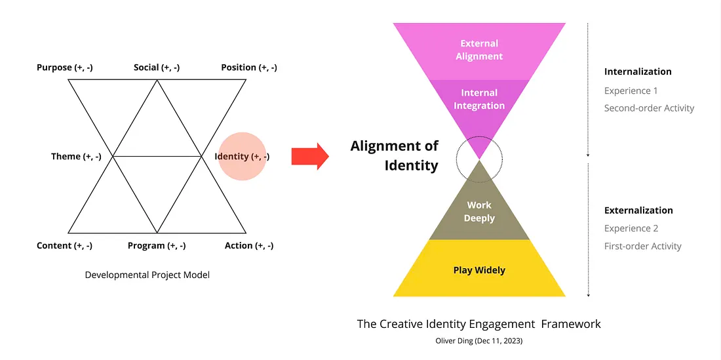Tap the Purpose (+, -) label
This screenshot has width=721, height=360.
coord(64,68)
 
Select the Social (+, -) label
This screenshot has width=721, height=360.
coord(157,68)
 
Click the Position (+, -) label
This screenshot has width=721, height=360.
coord(248,68)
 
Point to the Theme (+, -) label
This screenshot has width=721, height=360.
coord(76,157)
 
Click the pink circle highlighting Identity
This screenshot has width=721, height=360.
coord(242,157)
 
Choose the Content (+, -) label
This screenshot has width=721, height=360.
coord(64,246)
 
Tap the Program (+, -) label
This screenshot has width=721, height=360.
coord(157,246)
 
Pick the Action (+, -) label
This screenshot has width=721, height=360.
coord(249,246)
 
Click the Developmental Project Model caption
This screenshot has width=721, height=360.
coord(147,275)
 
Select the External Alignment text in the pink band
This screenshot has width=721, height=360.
coord(479,50)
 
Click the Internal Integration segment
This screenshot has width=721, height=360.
coord(479,100)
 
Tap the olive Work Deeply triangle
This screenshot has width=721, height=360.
coord(479,212)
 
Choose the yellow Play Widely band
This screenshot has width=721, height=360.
coord(479,270)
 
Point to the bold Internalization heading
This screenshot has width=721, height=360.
coord(638,72)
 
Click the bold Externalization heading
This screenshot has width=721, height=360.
coord(638,210)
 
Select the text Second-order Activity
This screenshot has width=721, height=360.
coord(649,108)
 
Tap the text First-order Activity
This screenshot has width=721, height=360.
coord(643,247)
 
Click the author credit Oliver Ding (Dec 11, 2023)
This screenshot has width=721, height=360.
coord(478,340)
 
